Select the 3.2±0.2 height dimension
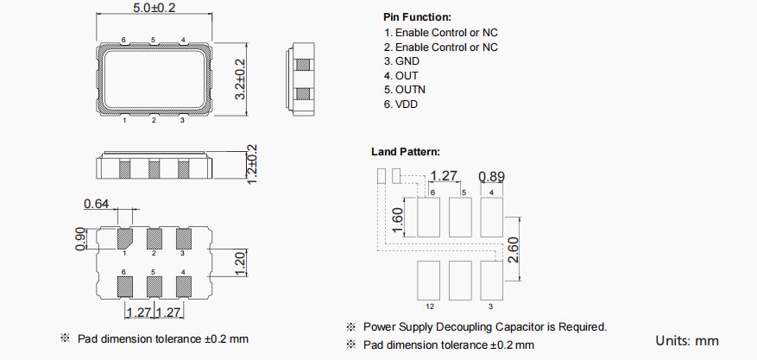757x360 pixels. (241, 79)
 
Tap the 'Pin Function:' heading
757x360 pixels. (417, 17)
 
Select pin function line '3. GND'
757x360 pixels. (401, 61)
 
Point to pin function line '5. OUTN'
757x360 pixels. (405, 90)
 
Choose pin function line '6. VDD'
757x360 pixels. (401, 104)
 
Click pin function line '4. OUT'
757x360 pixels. (401, 76)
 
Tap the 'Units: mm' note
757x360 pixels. (687, 340)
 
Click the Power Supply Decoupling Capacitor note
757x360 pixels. (484, 327)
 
